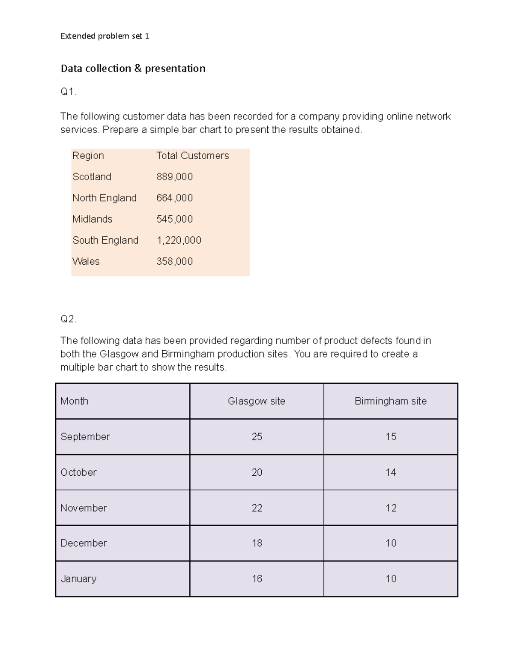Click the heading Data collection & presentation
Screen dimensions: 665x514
133,69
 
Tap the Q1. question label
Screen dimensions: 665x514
68,92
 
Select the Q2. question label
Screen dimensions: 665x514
68,319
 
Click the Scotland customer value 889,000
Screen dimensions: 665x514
174,177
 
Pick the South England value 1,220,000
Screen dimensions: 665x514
179,240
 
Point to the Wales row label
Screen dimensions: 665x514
86,261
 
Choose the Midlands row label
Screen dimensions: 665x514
92,219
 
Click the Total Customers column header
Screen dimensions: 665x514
192,156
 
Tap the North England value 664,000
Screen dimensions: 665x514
174,198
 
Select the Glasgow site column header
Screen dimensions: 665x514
256,401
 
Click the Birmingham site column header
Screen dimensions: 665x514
390,401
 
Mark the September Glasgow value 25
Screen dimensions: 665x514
257,437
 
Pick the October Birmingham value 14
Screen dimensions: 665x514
391,472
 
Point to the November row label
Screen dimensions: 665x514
84,508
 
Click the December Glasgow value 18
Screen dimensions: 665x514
257,543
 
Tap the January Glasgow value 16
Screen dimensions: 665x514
257,579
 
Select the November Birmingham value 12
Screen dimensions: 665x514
391,508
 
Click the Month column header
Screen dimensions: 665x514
74,401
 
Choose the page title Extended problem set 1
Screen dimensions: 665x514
105,36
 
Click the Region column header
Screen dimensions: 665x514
88,156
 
